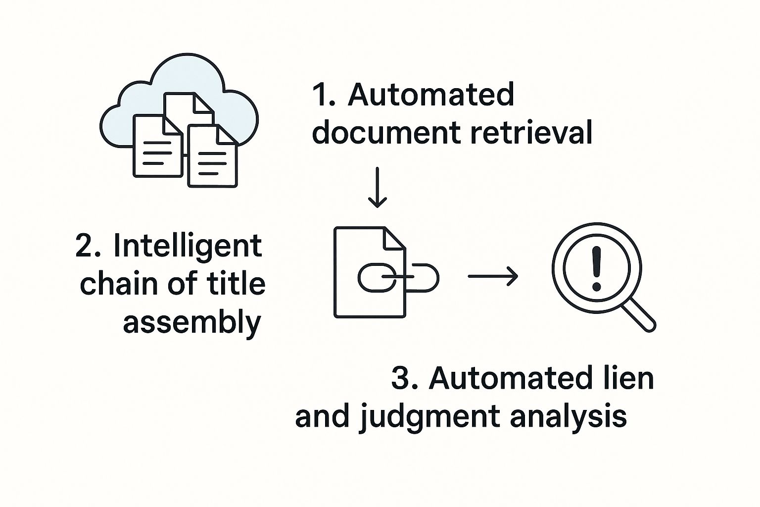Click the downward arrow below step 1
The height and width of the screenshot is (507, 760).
pos(378,188)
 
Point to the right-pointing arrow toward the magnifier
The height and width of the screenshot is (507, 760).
pos(493,276)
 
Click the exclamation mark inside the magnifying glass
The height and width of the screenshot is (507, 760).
pos(596,269)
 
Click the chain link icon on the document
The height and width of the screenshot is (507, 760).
pos(398,277)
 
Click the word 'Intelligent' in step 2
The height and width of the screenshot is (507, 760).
pos(188,246)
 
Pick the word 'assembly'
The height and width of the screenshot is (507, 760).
pos(191,323)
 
